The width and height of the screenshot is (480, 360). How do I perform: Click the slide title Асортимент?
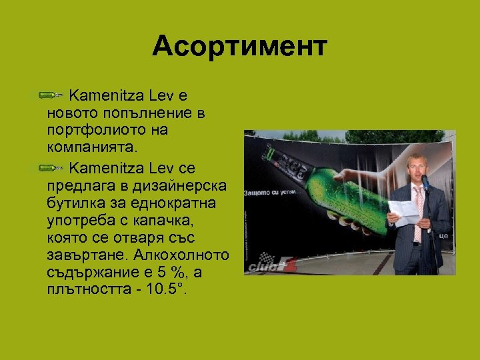click(239, 47)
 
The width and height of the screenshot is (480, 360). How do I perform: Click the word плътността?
click(88, 290)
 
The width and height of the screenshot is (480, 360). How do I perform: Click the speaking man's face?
click(416, 165)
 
